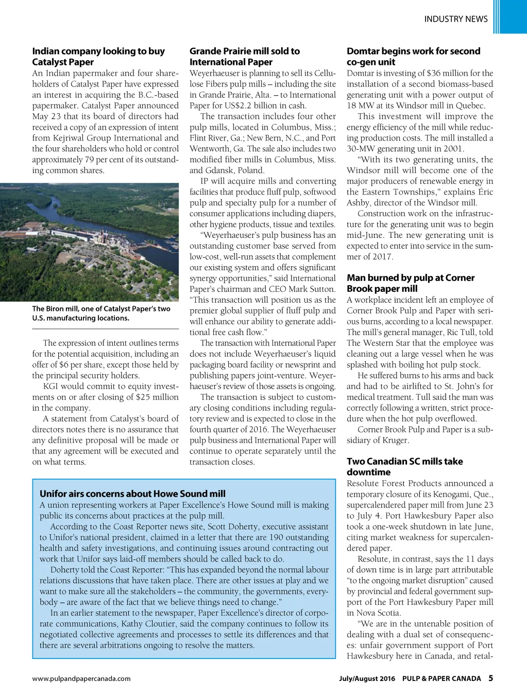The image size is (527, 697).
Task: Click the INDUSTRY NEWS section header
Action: pyautogui.click(x=455, y=19)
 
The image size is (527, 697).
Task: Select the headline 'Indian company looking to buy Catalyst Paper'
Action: pyautogui.click(x=98, y=57)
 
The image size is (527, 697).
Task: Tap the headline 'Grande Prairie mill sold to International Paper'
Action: pyautogui.click(x=244, y=57)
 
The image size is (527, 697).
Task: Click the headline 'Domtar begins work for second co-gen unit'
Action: pyautogui.click(x=413, y=57)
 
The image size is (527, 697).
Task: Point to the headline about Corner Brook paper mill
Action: pyautogui.click(x=411, y=283)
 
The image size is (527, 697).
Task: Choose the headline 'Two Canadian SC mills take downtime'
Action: pyautogui.click(x=404, y=467)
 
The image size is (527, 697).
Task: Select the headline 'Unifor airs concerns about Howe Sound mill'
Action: pyautogui.click(x=132, y=494)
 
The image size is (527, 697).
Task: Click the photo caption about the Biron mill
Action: pyautogui.click(x=101, y=313)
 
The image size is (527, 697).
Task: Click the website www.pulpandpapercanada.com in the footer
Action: pyautogui.click(x=81, y=678)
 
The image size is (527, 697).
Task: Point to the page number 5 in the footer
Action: pyautogui.click(x=490, y=678)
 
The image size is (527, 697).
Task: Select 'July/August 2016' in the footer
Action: pyautogui.click(x=367, y=678)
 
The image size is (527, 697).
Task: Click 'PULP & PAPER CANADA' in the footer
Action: pyautogui.click(x=441, y=678)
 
